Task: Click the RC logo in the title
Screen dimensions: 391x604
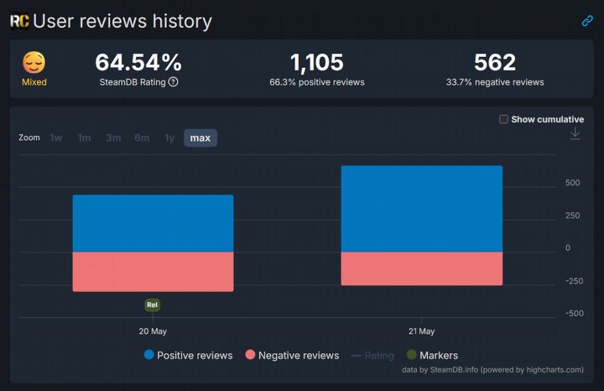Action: (19, 21)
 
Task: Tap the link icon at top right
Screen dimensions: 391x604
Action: (587, 21)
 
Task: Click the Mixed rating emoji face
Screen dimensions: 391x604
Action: (34, 63)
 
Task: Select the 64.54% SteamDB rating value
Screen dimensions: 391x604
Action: (138, 62)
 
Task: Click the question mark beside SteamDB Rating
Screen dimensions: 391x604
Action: (173, 82)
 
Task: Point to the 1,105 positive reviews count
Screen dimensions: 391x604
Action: (316, 62)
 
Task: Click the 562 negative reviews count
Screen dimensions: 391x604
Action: (494, 62)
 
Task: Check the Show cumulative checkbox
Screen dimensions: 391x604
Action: (503, 119)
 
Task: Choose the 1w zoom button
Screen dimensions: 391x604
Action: (56, 138)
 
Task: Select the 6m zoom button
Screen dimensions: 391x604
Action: (142, 138)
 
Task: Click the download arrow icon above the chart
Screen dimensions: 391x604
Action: (575, 134)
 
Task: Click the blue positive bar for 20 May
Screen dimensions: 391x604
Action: (153, 223)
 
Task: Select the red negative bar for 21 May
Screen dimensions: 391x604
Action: (421, 268)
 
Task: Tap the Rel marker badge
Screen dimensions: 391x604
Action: (152, 305)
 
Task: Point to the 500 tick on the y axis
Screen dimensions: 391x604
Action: (573, 182)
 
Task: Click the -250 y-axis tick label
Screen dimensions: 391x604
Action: (573, 281)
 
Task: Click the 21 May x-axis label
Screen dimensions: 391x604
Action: (421, 331)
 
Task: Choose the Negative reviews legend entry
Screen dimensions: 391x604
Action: (291, 355)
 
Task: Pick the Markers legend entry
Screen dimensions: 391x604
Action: (432, 355)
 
